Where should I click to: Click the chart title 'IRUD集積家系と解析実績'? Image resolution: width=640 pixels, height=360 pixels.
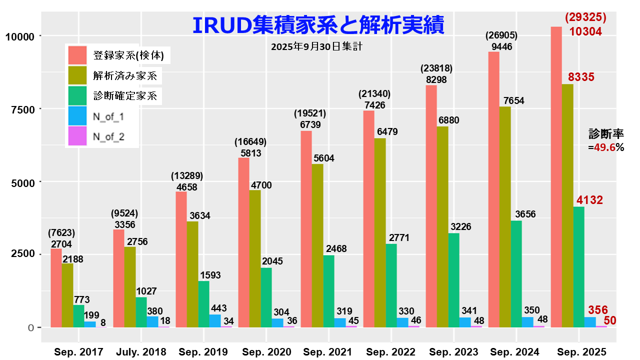tap(318, 24)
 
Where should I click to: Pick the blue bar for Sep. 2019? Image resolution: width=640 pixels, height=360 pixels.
tap(215, 320)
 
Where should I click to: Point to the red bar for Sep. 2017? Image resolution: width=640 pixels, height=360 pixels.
tap(56, 288)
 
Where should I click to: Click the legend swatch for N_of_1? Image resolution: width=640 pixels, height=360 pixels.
tap(77, 116)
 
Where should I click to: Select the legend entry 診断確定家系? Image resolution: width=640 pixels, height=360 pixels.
tap(125, 95)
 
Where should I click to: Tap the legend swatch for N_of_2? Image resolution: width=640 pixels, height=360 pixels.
tap(77, 136)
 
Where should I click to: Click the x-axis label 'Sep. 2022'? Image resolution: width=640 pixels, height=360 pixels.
tap(390, 351)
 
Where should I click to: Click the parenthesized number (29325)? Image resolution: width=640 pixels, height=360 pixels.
tap(585, 17)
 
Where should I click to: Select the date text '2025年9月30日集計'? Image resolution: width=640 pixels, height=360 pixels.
tap(316, 46)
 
